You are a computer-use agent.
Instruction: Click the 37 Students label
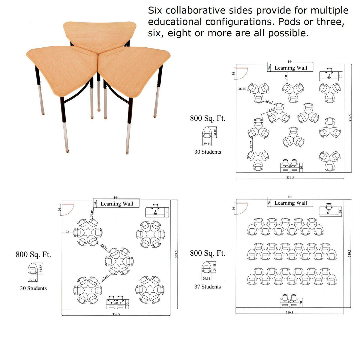(208, 287)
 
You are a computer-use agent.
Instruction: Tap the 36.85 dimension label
(269, 102)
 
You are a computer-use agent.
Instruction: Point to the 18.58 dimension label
(270, 110)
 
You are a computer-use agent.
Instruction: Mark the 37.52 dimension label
(251, 145)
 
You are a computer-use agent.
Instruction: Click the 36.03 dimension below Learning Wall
(286, 77)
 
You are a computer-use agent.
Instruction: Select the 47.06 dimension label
(105, 277)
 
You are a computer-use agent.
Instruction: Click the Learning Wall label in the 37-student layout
(291, 203)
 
